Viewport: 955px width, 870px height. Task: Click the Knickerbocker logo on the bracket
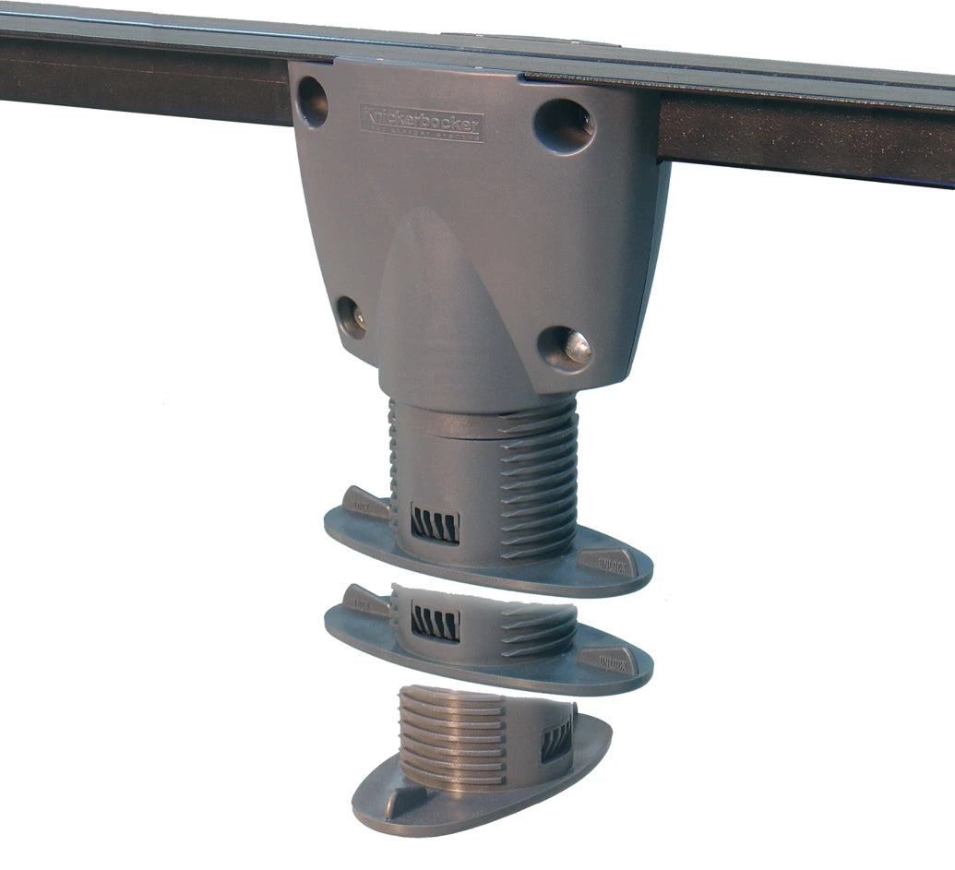click(421, 123)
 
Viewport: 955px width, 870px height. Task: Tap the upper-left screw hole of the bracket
click(312, 101)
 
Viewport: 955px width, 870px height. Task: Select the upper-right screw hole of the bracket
click(564, 124)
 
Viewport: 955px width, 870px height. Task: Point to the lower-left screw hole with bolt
click(351, 316)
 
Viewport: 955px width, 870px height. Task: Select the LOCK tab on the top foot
click(365, 504)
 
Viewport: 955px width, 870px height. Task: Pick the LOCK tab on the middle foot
click(364, 601)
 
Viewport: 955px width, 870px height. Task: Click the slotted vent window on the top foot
click(433, 525)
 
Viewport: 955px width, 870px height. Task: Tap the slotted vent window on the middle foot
click(435, 623)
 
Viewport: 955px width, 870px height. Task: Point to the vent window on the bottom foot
click(556, 738)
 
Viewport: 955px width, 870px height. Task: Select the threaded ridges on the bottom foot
click(452, 738)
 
